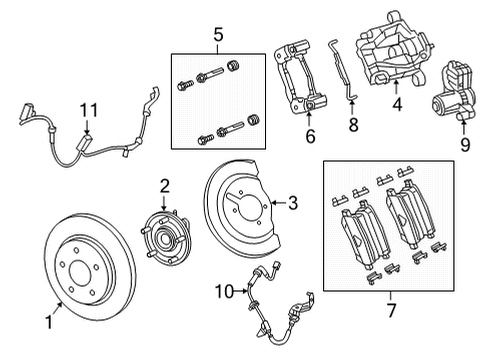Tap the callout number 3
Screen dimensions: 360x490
[293, 204]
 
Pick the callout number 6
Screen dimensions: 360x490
[309, 136]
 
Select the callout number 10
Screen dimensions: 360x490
[225, 291]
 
